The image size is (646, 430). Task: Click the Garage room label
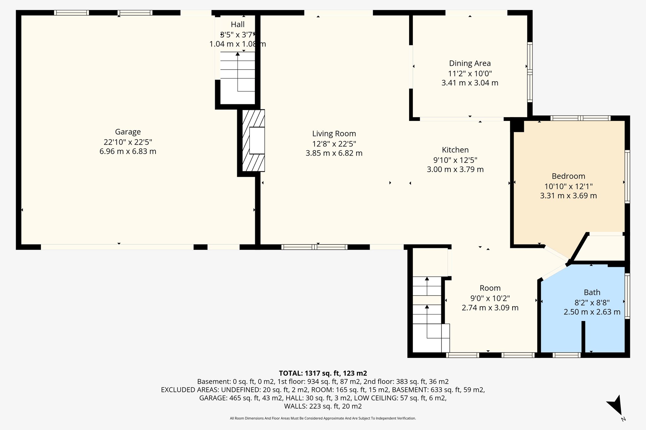(x=128, y=132)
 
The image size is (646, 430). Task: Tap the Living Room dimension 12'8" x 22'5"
(x=334, y=144)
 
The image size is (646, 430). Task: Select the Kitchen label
(x=455, y=150)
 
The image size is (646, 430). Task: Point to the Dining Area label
(x=470, y=63)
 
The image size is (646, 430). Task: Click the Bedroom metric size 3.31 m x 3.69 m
(x=568, y=196)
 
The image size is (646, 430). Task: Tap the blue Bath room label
(x=592, y=292)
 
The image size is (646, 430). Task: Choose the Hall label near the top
(x=238, y=24)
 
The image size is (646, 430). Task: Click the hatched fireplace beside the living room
(x=253, y=140)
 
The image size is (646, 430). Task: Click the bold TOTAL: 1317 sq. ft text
(x=323, y=373)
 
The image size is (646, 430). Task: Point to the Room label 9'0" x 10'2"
(x=490, y=298)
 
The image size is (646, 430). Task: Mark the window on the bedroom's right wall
(x=627, y=176)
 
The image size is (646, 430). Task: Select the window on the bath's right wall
(x=627, y=296)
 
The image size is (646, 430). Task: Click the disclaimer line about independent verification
(x=323, y=418)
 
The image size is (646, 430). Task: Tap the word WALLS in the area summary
(x=296, y=406)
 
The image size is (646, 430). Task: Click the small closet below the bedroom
(x=602, y=248)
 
